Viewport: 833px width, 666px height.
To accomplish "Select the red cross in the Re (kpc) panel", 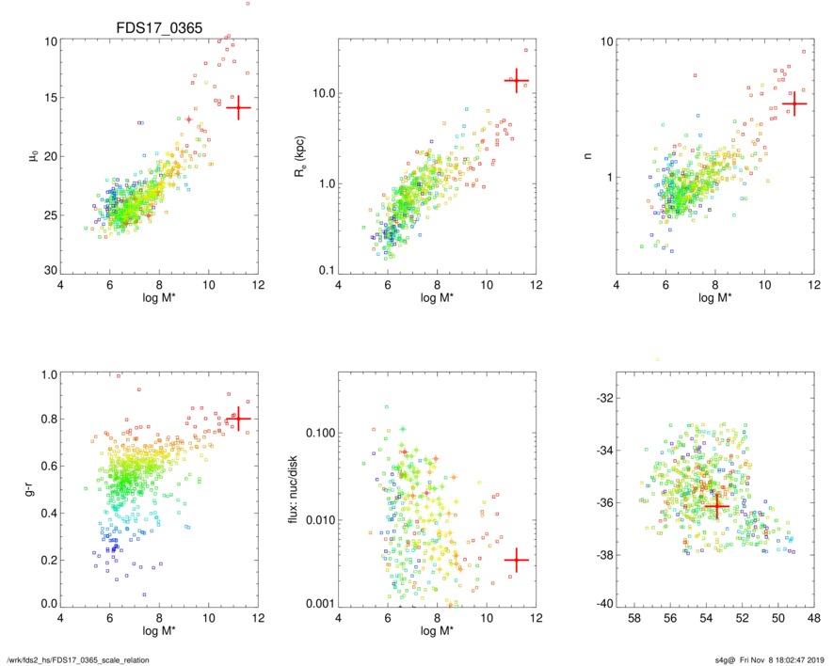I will [516, 81].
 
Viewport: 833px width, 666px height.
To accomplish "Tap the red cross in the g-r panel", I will [238, 419].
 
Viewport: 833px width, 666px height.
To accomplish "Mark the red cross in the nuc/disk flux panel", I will [516, 560].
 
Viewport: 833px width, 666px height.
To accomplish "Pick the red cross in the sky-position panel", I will [716, 506].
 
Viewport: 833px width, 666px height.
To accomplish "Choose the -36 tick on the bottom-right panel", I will [602, 503].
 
